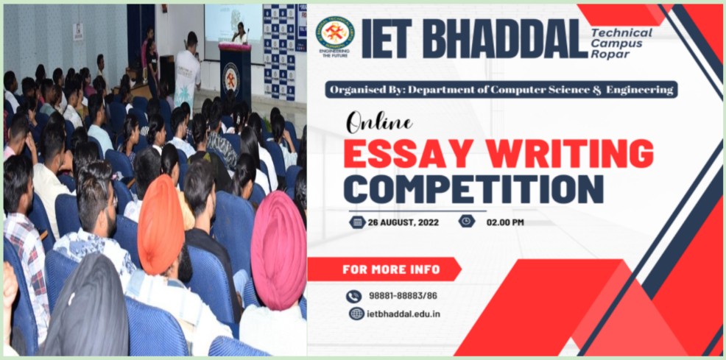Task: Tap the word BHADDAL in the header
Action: pos(504,39)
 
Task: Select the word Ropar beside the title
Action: pos(604,54)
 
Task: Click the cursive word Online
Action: pos(379,123)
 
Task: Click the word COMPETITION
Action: pos(473,188)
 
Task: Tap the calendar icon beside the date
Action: pos(357,222)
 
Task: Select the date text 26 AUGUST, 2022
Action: pos(403,222)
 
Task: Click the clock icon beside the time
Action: pos(467,221)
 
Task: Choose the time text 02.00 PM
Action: pos(505,222)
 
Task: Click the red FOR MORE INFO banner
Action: pos(384,269)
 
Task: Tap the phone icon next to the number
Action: pos(353,296)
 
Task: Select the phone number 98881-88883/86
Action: pos(403,296)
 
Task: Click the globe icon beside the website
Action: pos(356,314)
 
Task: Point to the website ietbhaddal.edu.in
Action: pos(403,314)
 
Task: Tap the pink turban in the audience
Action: pos(279,250)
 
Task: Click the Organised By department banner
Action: pos(501,90)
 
